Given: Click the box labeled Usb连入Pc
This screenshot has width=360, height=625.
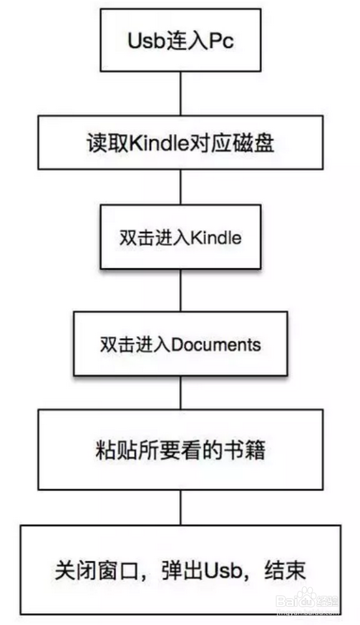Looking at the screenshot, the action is pos(180,41).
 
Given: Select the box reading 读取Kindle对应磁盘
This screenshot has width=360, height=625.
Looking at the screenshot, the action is pos(180,142).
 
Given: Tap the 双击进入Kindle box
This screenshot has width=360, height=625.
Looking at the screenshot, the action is pos(180,237).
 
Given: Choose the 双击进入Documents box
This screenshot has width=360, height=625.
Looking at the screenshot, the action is pos(180,344).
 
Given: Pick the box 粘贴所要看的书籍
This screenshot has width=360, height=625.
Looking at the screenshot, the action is pos(180,450).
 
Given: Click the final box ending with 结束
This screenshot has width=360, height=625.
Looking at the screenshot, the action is pos(180,569).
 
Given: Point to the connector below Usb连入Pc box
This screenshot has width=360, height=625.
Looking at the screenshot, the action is pos(180,94).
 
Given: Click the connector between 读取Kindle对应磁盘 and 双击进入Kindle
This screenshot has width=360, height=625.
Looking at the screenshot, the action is pos(180,187).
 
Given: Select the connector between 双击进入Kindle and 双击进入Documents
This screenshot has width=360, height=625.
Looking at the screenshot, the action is pos(180,290).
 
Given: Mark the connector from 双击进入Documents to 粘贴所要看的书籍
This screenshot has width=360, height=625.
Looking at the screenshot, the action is pos(180,392).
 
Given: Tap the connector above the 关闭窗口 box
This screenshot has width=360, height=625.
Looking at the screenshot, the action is pos(180,507).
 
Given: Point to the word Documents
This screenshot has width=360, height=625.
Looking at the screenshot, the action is pos(216,344).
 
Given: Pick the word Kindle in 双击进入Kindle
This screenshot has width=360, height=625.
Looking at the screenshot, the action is pos(216,238).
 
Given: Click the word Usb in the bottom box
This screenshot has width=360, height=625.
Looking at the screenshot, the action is pos(223,570).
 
